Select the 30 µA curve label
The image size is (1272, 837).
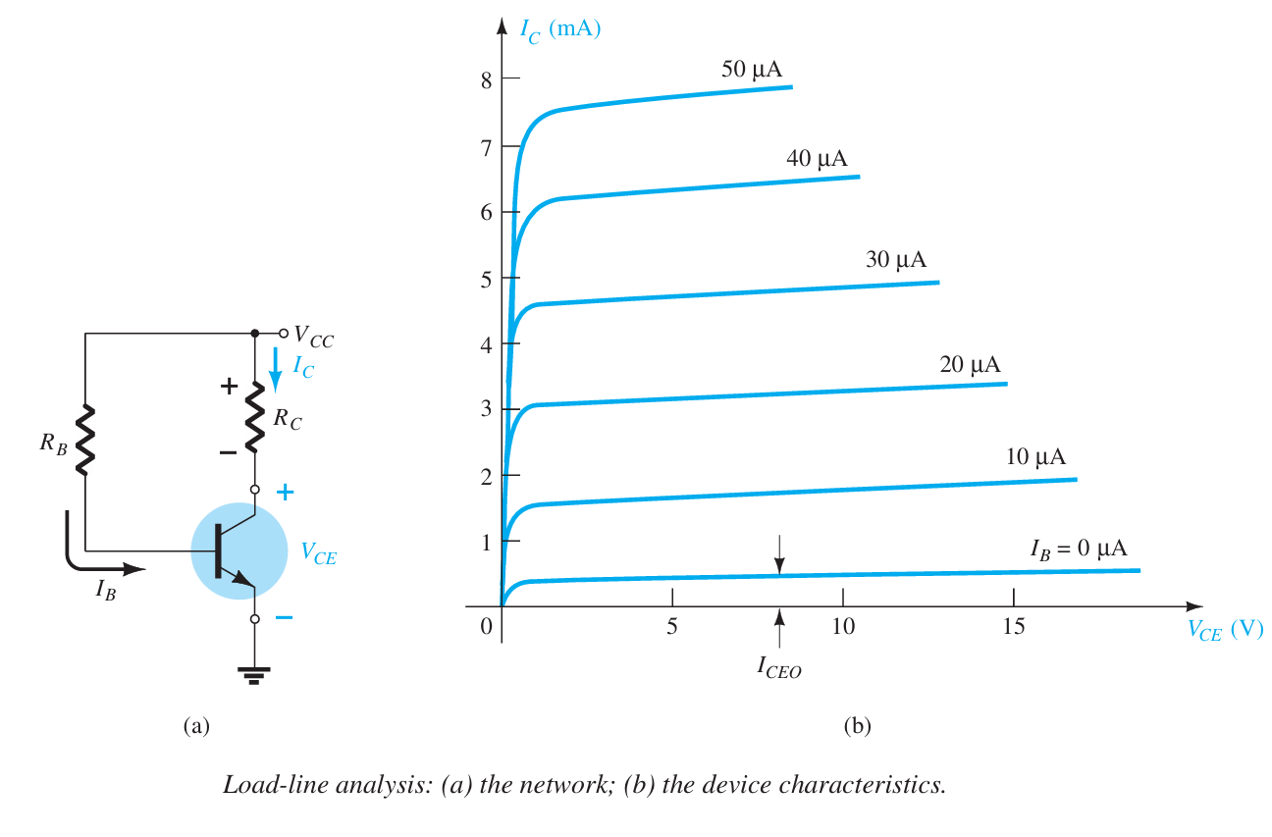coord(895,260)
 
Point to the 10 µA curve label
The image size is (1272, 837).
coord(1035,457)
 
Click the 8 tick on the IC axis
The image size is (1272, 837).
coord(484,78)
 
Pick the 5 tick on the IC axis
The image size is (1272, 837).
coord(484,278)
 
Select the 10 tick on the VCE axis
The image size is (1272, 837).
coord(843,626)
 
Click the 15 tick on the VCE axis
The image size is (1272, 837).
coord(1014,626)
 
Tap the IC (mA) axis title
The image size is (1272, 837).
coord(559,28)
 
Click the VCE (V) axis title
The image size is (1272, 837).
coord(1224,630)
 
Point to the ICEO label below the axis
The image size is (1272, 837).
coord(779,667)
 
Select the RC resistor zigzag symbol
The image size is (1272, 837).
coord(255,415)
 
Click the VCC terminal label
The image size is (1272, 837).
coord(314,340)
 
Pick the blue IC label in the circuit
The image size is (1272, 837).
coord(303,368)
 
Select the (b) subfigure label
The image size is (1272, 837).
coord(857,726)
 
